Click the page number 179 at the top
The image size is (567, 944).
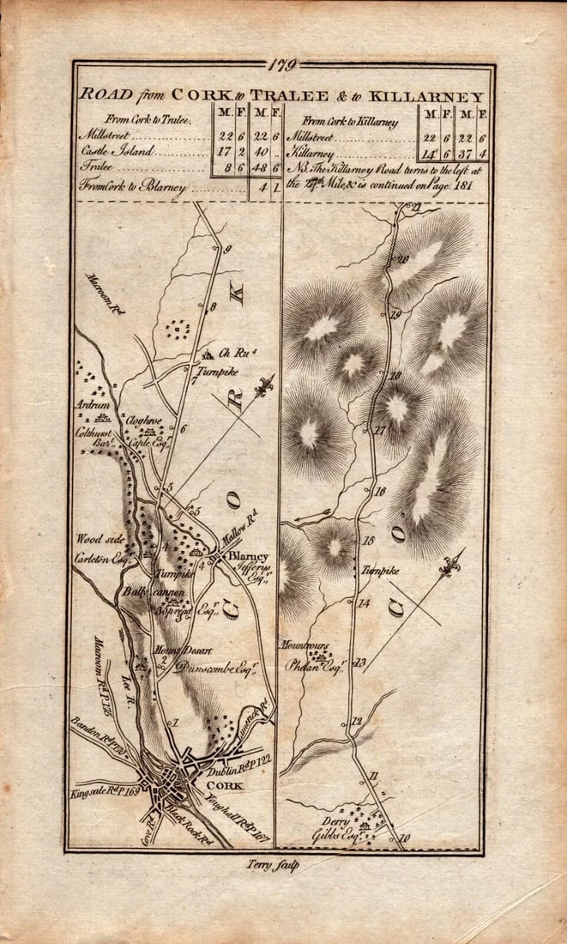(282, 64)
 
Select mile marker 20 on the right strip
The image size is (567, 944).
(400, 260)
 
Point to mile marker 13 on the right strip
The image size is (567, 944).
(359, 662)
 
